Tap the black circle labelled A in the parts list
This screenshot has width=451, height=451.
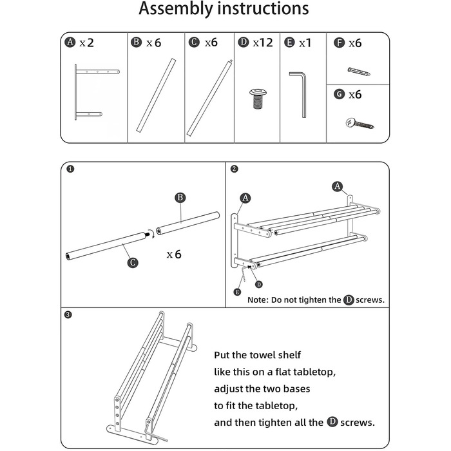[71, 43]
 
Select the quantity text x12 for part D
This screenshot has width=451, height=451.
[263, 43]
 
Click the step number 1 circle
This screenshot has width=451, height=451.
[70, 170]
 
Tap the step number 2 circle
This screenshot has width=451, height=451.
[235, 170]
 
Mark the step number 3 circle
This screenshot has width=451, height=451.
[70, 316]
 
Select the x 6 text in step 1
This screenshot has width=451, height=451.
[174, 254]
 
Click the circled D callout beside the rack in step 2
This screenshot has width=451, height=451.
[259, 283]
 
